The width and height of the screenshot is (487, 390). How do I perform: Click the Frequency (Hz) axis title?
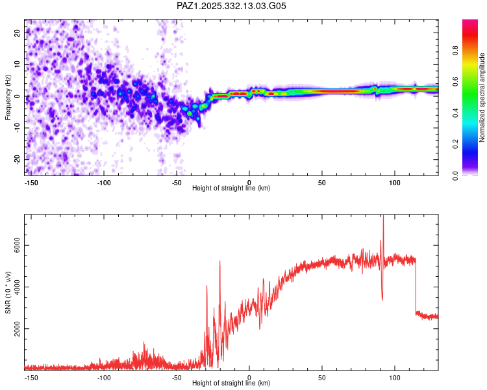click(8, 97)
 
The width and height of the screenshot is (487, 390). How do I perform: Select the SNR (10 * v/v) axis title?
click(8, 292)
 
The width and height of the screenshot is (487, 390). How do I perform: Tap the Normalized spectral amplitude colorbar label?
click(482, 97)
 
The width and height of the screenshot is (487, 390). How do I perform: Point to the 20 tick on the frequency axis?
click(17, 32)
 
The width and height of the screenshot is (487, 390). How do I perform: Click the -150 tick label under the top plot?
click(31, 183)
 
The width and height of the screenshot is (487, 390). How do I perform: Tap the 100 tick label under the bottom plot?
click(394, 378)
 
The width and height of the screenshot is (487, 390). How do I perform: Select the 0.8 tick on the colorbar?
click(456, 51)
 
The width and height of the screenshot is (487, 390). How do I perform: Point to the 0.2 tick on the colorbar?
click(456, 144)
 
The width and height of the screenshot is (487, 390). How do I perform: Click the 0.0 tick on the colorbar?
click(456, 175)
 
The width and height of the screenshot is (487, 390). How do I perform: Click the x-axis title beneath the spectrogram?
click(231, 188)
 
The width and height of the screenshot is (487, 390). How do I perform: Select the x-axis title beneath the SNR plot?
click(231, 383)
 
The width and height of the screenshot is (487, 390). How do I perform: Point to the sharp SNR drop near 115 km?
click(416, 286)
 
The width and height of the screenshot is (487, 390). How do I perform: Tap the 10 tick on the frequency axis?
click(17, 64)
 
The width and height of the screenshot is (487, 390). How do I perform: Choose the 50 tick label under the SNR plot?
click(322, 378)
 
